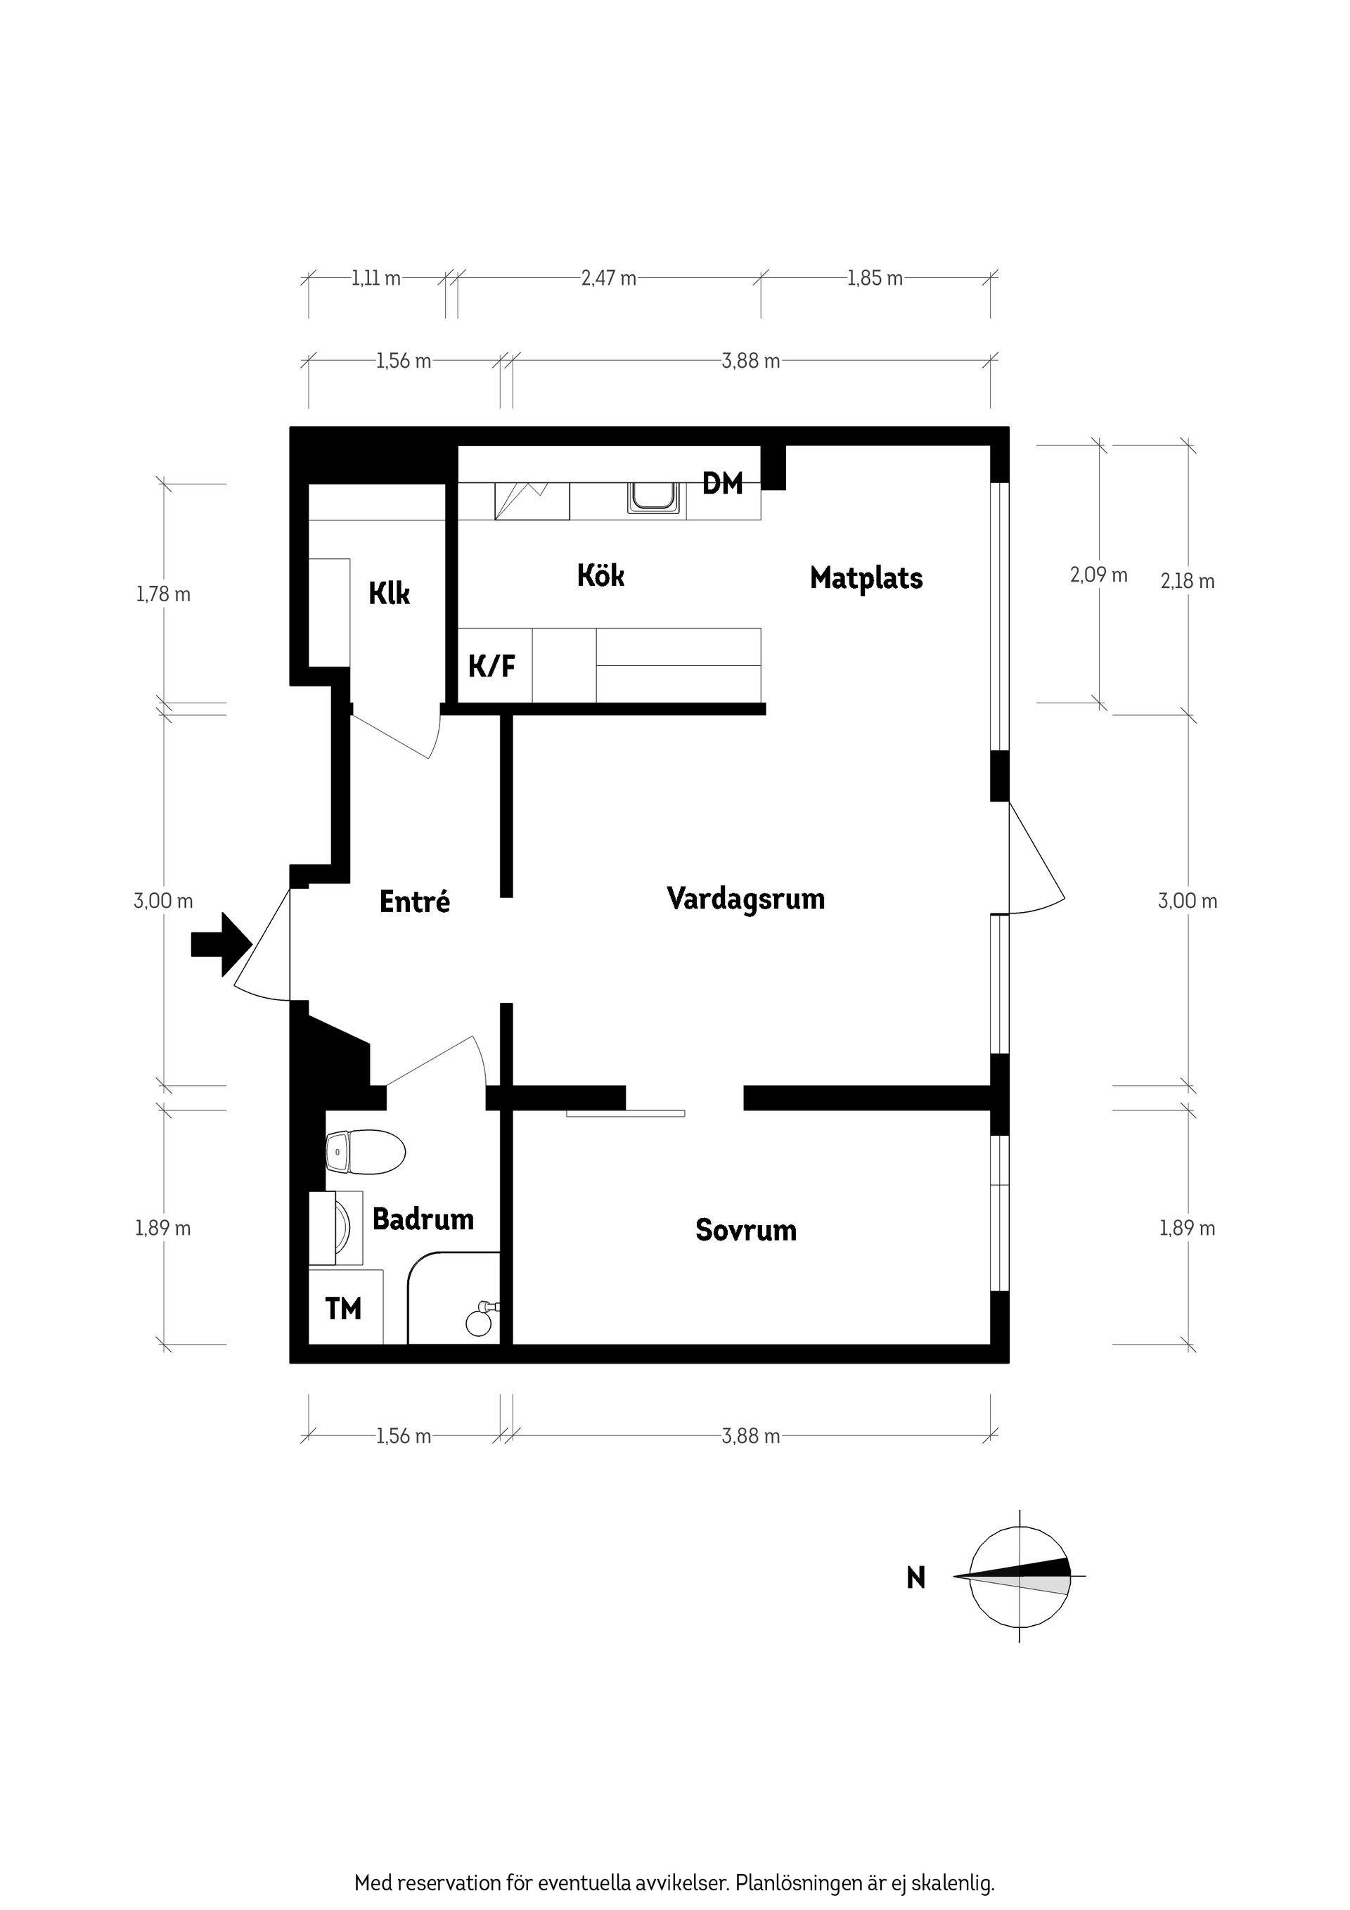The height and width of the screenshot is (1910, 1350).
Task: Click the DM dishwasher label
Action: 722,483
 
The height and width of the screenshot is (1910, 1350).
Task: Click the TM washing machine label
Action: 344,1309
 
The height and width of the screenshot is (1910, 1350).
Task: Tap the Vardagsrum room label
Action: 745,899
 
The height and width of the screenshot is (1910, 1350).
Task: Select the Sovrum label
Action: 745,1231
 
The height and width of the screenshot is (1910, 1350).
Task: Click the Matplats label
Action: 866,578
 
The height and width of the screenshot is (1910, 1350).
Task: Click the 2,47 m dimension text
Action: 609,278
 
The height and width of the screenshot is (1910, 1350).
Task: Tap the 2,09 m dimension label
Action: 1098,575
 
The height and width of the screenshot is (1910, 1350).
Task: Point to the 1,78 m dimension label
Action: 163,595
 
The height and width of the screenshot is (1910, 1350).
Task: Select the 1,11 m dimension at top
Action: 376,278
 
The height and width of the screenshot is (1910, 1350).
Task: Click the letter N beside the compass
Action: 915,1578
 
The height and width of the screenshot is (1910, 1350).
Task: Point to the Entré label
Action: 414,902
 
